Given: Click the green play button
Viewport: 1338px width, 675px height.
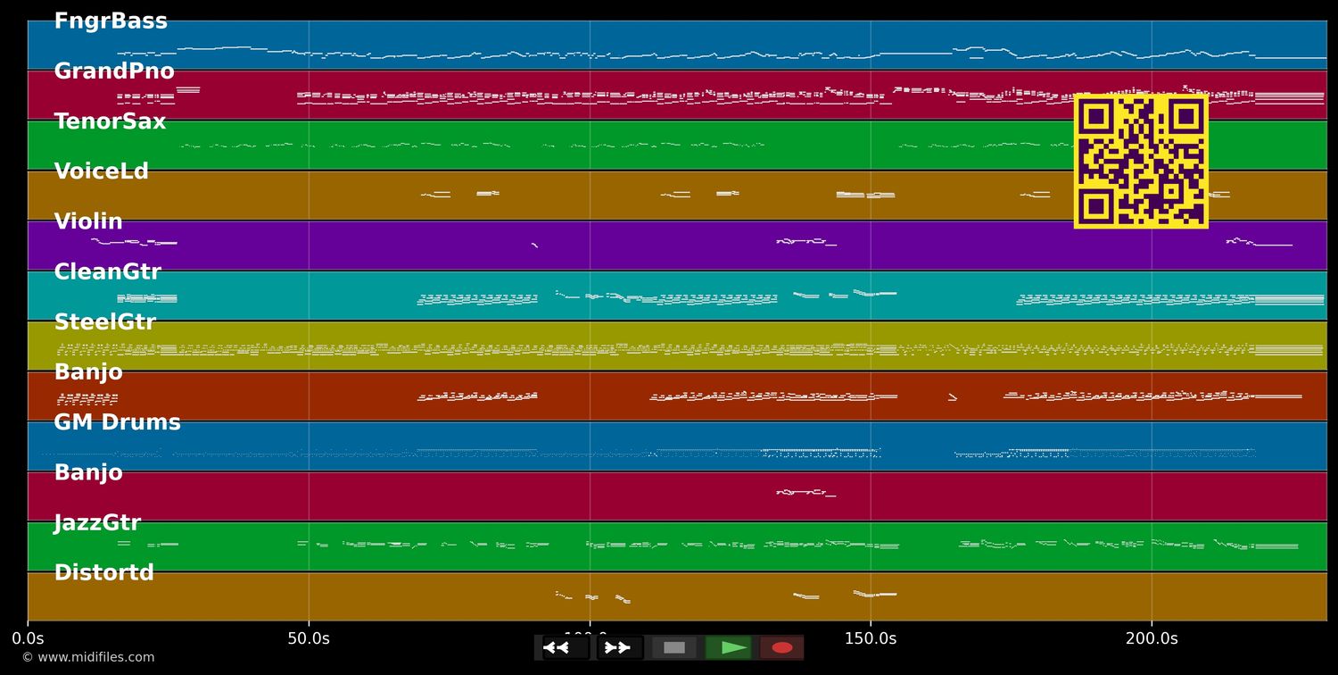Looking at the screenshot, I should pyautogui.click(x=729, y=647).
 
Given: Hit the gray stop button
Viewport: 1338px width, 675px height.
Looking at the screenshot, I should pyautogui.click(x=674, y=647).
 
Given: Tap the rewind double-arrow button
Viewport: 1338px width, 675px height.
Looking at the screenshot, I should pyautogui.click(x=566, y=647).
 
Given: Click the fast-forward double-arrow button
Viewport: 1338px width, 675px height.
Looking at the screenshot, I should pyautogui.click(x=619, y=647).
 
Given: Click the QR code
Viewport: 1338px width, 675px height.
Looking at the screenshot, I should pyautogui.click(x=1141, y=161).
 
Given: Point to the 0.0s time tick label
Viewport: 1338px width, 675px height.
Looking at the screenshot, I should pyautogui.click(x=28, y=638).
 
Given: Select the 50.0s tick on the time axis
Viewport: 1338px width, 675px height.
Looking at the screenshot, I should pyautogui.click(x=309, y=638).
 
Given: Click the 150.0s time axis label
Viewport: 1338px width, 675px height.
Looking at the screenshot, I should pyautogui.click(x=870, y=638).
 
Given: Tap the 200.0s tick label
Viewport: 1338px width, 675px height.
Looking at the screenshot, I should pyautogui.click(x=1151, y=638).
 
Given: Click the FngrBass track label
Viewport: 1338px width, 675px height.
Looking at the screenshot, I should pyautogui.click(x=111, y=21).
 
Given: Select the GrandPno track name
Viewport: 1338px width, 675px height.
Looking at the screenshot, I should pyautogui.click(x=114, y=71).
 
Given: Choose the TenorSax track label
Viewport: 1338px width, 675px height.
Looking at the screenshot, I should pyautogui.click(x=110, y=121).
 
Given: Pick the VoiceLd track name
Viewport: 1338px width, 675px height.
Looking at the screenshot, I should pyautogui.click(x=102, y=171).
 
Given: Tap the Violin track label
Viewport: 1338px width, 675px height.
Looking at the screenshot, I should pyautogui.click(x=88, y=221).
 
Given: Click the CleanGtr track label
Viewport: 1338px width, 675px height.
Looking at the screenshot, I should pyautogui.click(x=107, y=272).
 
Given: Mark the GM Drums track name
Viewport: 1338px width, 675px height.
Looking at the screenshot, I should pyautogui.click(x=117, y=422).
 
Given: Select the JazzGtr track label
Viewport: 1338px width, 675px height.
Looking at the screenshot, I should pyautogui.click(x=97, y=522).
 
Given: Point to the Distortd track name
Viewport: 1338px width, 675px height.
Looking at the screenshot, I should pyautogui.click(x=103, y=573).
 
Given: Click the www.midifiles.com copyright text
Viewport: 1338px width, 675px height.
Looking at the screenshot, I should pyautogui.click(x=87, y=657).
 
